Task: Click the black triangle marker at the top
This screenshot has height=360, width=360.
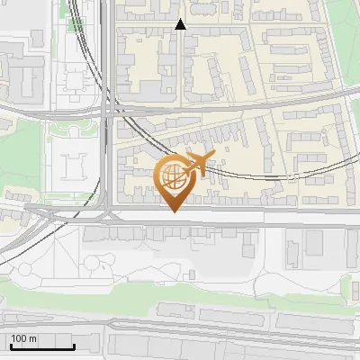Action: click(x=180, y=24)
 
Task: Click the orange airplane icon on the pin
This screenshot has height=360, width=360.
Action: click(x=196, y=163)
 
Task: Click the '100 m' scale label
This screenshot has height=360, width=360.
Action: click(x=23, y=338)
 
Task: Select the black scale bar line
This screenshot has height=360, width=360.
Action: click(x=42, y=346)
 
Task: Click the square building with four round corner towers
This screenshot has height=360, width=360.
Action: click(x=73, y=166)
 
